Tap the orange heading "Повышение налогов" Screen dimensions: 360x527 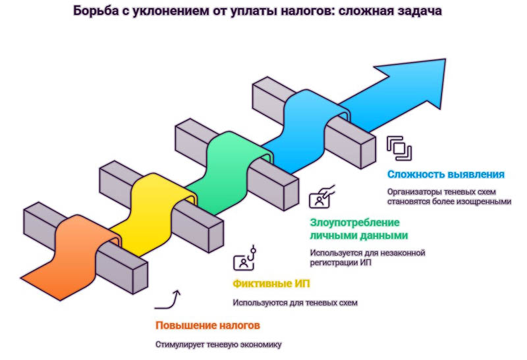coord(208,325)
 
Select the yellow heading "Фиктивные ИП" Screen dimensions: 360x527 coord(271,284)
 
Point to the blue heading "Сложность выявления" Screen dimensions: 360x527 coord(446,174)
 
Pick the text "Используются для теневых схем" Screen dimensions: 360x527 coord(294,303)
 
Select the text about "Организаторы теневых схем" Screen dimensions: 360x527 coord(449,197)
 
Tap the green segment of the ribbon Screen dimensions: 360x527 coord(231,165)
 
